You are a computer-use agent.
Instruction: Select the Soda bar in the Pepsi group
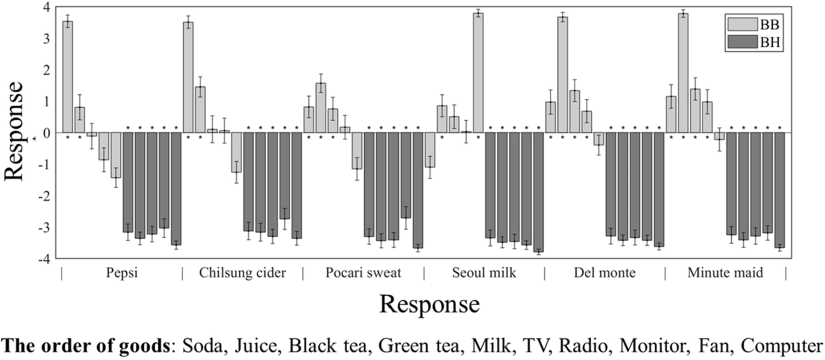[68, 77]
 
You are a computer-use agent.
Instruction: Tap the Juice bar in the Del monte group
[562, 75]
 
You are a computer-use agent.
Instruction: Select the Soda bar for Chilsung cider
[188, 77]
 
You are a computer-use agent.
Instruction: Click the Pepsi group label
[122, 273]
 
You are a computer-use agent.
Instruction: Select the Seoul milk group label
[484, 273]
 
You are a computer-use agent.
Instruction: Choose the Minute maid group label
[725, 273]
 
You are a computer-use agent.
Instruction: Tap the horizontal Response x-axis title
[429, 305]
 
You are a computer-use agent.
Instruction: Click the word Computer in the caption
[781, 346]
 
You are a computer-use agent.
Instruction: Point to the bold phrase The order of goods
[85, 346]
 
